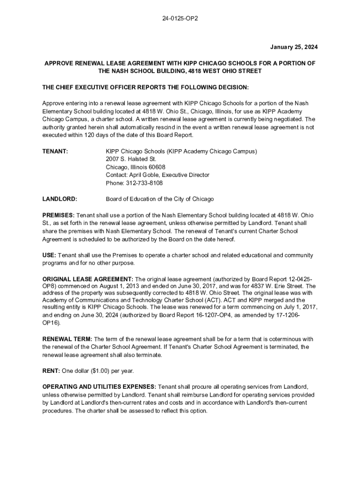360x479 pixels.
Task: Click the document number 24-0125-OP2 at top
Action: [x=180, y=19]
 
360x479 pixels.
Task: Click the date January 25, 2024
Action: [x=294, y=47]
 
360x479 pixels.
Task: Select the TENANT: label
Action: [x=55, y=152]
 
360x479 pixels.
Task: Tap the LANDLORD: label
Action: [x=60, y=199]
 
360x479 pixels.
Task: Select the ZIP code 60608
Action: [x=157, y=167]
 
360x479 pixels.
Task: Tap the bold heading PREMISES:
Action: [x=58, y=215]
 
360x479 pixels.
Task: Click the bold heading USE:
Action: [x=49, y=255]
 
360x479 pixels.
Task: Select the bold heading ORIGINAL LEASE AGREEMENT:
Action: [x=88, y=279]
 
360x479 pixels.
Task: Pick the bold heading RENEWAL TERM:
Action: [x=67, y=339]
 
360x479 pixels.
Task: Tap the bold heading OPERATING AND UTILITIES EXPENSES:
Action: [x=99, y=387]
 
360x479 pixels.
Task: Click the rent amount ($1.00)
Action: [x=97, y=371]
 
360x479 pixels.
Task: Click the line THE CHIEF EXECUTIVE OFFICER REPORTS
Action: [x=145, y=87]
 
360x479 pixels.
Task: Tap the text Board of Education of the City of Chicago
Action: [x=159, y=199]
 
